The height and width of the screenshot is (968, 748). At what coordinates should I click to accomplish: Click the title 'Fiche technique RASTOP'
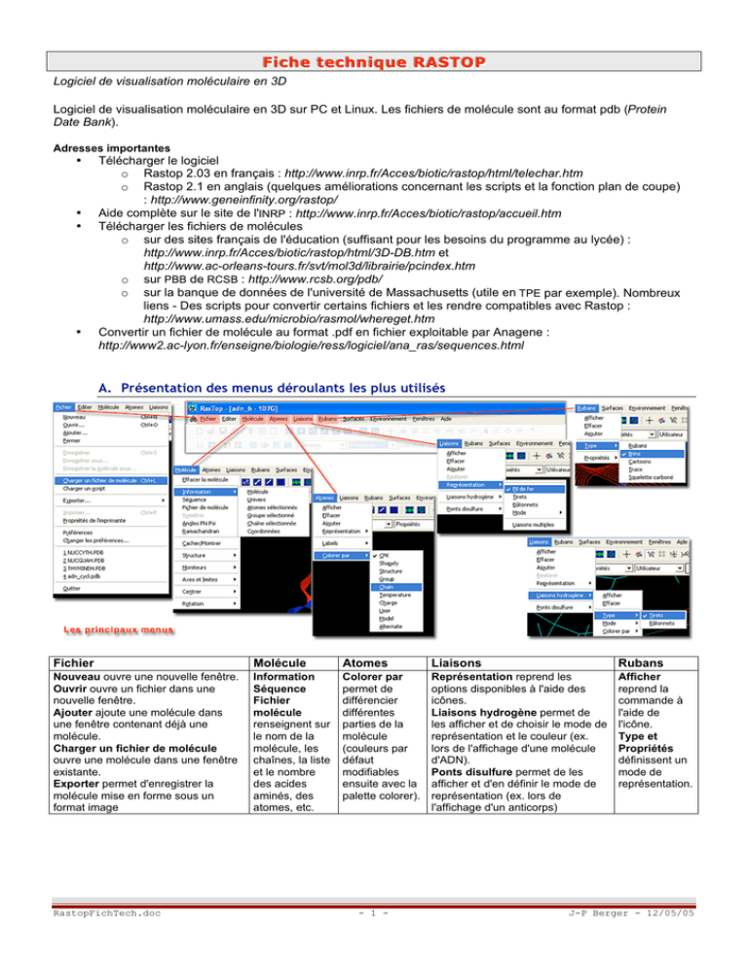click(x=374, y=63)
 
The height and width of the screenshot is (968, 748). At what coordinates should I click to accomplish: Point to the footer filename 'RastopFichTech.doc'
click(x=83, y=942)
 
